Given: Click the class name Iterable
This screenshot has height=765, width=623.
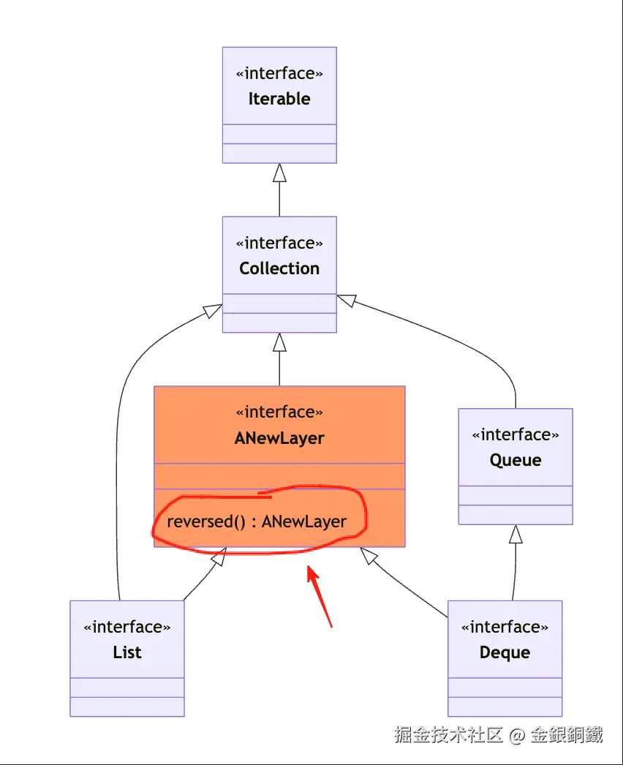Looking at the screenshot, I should click(x=279, y=99).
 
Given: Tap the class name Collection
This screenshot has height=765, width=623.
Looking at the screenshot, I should click(x=279, y=268).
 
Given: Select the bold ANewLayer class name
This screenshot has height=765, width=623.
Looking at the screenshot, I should click(x=279, y=438).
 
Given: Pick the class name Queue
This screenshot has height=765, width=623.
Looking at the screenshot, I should click(x=516, y=461).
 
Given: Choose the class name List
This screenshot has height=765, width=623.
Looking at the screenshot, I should click(x=127, y=652).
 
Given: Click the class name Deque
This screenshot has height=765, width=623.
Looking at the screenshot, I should click(x=505, y=652).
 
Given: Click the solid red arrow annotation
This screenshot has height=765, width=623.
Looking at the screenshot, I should click(x=320, y=595).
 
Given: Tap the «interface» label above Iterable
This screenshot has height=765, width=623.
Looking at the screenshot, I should click(x=279, y=74).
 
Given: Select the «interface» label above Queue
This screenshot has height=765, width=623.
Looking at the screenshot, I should click(x=516, y=435).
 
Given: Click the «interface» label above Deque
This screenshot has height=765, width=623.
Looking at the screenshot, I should click(x=505, y=628).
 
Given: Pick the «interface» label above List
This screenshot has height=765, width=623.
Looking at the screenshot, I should click(x=127, y=628).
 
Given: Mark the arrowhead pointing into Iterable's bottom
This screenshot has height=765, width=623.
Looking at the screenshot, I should click(x=279, y=173).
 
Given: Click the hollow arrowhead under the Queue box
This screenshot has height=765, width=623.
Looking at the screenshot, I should click(x=516, y=535).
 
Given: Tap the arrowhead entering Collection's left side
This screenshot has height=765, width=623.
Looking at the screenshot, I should click(x=213, y=310).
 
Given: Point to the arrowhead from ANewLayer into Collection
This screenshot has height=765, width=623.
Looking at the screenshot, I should click(x=279, y=342).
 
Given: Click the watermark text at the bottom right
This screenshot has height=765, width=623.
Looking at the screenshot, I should click(x=499, y=734).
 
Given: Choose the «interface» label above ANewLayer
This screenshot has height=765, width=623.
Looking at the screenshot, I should click(x=279, y=412).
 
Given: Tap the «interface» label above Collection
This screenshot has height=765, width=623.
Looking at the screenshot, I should click(x=279, y=243).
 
